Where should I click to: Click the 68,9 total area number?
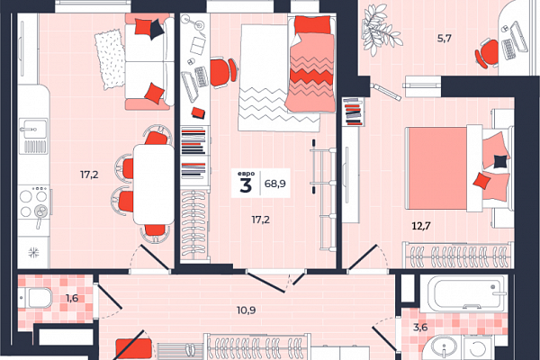pyautogui.click(x=274, y=184)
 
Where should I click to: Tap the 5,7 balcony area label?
pyautogui.click(x=445, y=38)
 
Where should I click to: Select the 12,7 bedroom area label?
pyautogui.click(x=421, y=226)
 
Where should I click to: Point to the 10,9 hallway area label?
pyautogui.click(x=246, y=310)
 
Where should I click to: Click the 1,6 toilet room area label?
pyautogui.click(x=72, y=298)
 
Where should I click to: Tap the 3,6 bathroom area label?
pyautogui.click(x=420, y=327)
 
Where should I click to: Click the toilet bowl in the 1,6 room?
pyautogui.click(x=36, y=298)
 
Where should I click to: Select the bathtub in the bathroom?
pyautogui.click(x=463, y=293)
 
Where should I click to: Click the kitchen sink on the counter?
pyautogui.click(x=33, y=136)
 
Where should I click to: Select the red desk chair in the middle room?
pyautogui.click(x=223, y=73)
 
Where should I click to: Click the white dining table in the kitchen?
pyautogui.click(x=154, y=184)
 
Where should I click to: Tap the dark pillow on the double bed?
pyautogui.click(x=500, y=161)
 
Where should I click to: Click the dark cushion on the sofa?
pyautogui.click(x=157, y=29)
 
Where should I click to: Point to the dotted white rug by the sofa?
pyautogui.click(x=110, y=59)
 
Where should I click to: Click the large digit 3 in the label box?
pyautogui.click(x=246, y=186)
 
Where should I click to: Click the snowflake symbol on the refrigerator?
pyautogui.click(x=33, y=253)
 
